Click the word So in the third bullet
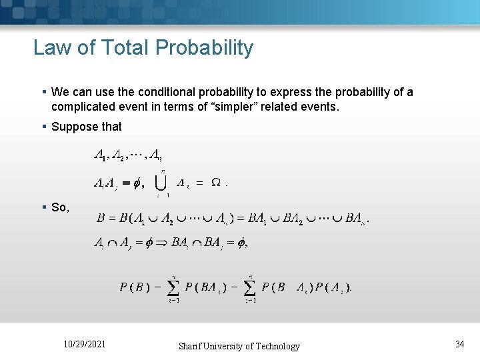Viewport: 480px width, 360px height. [59, 207]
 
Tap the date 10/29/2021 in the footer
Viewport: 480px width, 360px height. [84, 345]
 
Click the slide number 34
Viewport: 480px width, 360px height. [459, 344]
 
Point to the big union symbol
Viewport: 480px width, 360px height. [161, 182]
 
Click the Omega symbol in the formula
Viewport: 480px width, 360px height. [217, 183]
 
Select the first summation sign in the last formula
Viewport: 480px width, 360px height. [173, 287]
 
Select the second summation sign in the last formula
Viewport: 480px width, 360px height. [250, 287]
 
